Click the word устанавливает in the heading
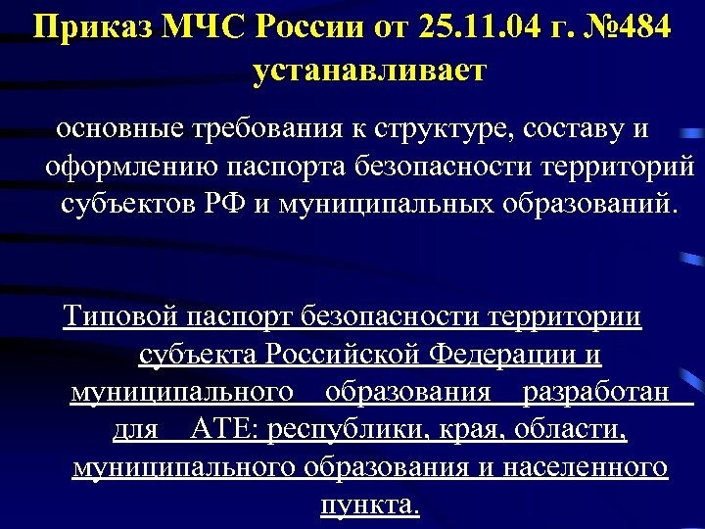pyautogui.click(x=368, y=71)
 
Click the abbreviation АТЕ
pyautogui.click(x=227, y=430)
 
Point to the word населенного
pyautogui.click(x=585, y=467)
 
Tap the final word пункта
pyautogui.click(x=370, y=505)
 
